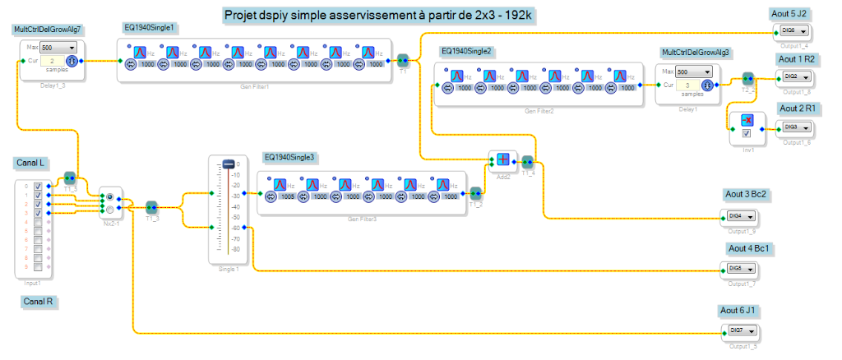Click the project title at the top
pos(381,16)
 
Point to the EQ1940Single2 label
pos(466,51)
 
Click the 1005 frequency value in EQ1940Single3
pos(287,197)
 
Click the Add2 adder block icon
pos(502,159)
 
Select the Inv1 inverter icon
pos(747,120)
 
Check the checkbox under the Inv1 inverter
pos(747,133)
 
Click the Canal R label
pos(38,302)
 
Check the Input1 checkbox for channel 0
pos(37,187)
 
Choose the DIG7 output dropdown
pos(741,330)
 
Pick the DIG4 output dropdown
pos(741,216)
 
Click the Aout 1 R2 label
pos(796,60)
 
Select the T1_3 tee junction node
pos(151,206)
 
